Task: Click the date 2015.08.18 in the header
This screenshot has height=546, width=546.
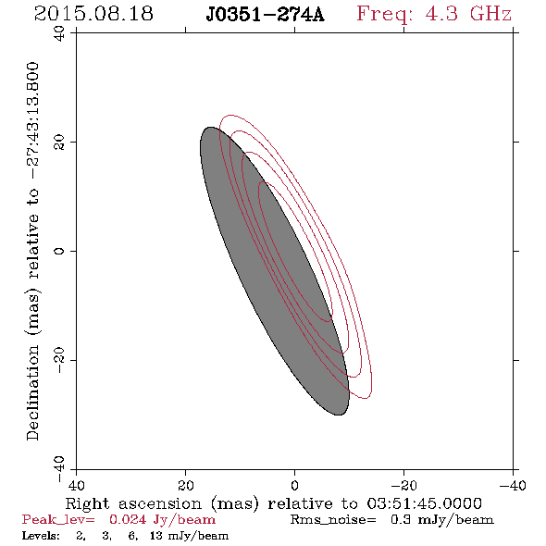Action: [x=93, y=14]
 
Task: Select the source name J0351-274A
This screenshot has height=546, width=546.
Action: [x=265, y=15]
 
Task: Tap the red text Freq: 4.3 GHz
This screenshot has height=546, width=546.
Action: [x=434, y=15]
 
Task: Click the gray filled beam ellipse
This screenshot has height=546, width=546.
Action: [x=275, y=271]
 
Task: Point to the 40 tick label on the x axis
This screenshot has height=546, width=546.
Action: [x=76, y=485]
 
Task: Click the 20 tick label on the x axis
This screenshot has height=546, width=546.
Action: [x=185, y=485]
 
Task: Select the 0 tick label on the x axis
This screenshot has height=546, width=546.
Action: [x=294, y=485]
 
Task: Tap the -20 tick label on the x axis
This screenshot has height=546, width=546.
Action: [x=403, y=485]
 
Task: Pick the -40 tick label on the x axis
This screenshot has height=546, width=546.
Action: [x=513, y=485]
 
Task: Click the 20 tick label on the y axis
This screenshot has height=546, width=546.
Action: [x=59, y=143]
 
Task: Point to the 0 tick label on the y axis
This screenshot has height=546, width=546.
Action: [x=59, y=251]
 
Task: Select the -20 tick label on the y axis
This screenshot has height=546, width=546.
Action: [x=59, y=360]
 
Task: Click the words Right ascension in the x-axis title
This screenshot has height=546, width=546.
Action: [x=133, y=503]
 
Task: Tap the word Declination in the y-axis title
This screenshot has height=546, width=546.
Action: [x=32, y=392]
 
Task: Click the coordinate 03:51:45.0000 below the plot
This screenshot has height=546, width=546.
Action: [x=425, y=503]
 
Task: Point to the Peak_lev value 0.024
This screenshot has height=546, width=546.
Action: [x=128, y=519]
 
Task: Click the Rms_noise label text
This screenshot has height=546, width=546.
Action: [x=333, y=520]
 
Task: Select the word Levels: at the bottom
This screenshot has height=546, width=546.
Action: [x=41, y=536]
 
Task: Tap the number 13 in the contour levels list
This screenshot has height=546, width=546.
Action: [x=156, y=536]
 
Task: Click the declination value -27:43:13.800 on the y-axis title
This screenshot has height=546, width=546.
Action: [x=32, y=120]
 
